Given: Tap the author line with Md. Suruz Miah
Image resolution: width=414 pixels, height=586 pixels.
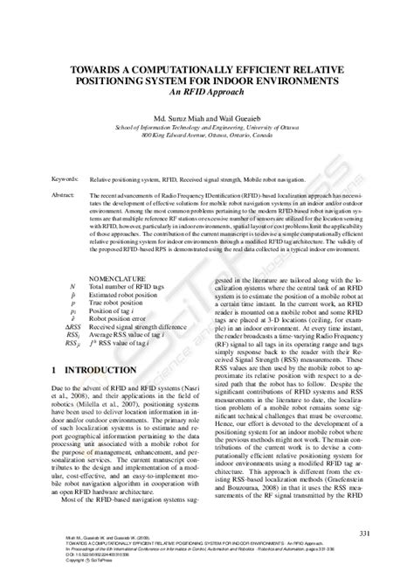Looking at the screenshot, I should tap(206, 114).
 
